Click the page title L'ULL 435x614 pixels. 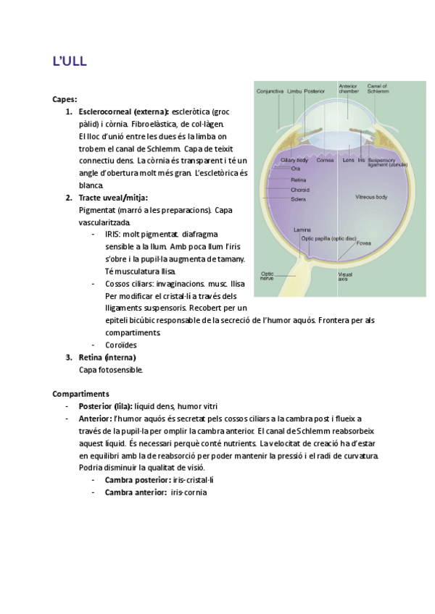point(70,62)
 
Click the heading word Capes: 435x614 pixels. point(65,99)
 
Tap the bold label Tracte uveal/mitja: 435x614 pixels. point(113,198)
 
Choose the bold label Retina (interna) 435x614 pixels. point(107,357)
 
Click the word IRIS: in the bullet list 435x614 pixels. point(112,235)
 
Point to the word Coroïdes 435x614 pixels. point(121,345)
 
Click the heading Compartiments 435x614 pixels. point(80,393)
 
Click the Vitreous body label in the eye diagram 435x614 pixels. point(370,197)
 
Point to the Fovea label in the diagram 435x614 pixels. point(364,243)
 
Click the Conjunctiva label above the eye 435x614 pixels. point(269,92)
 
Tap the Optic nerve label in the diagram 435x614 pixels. point(267,276)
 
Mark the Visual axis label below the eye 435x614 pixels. point(346,276)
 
